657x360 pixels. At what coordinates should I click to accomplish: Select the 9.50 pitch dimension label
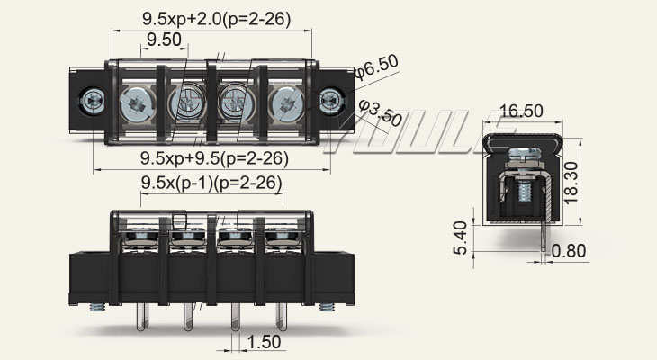[x=165, y=40]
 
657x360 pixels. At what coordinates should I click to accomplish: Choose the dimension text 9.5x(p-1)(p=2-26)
[x=211, y=183]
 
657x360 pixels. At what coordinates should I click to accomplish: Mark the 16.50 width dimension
[x=520, y=111]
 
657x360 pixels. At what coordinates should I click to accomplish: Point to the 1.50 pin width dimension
[x=265, y=342]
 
